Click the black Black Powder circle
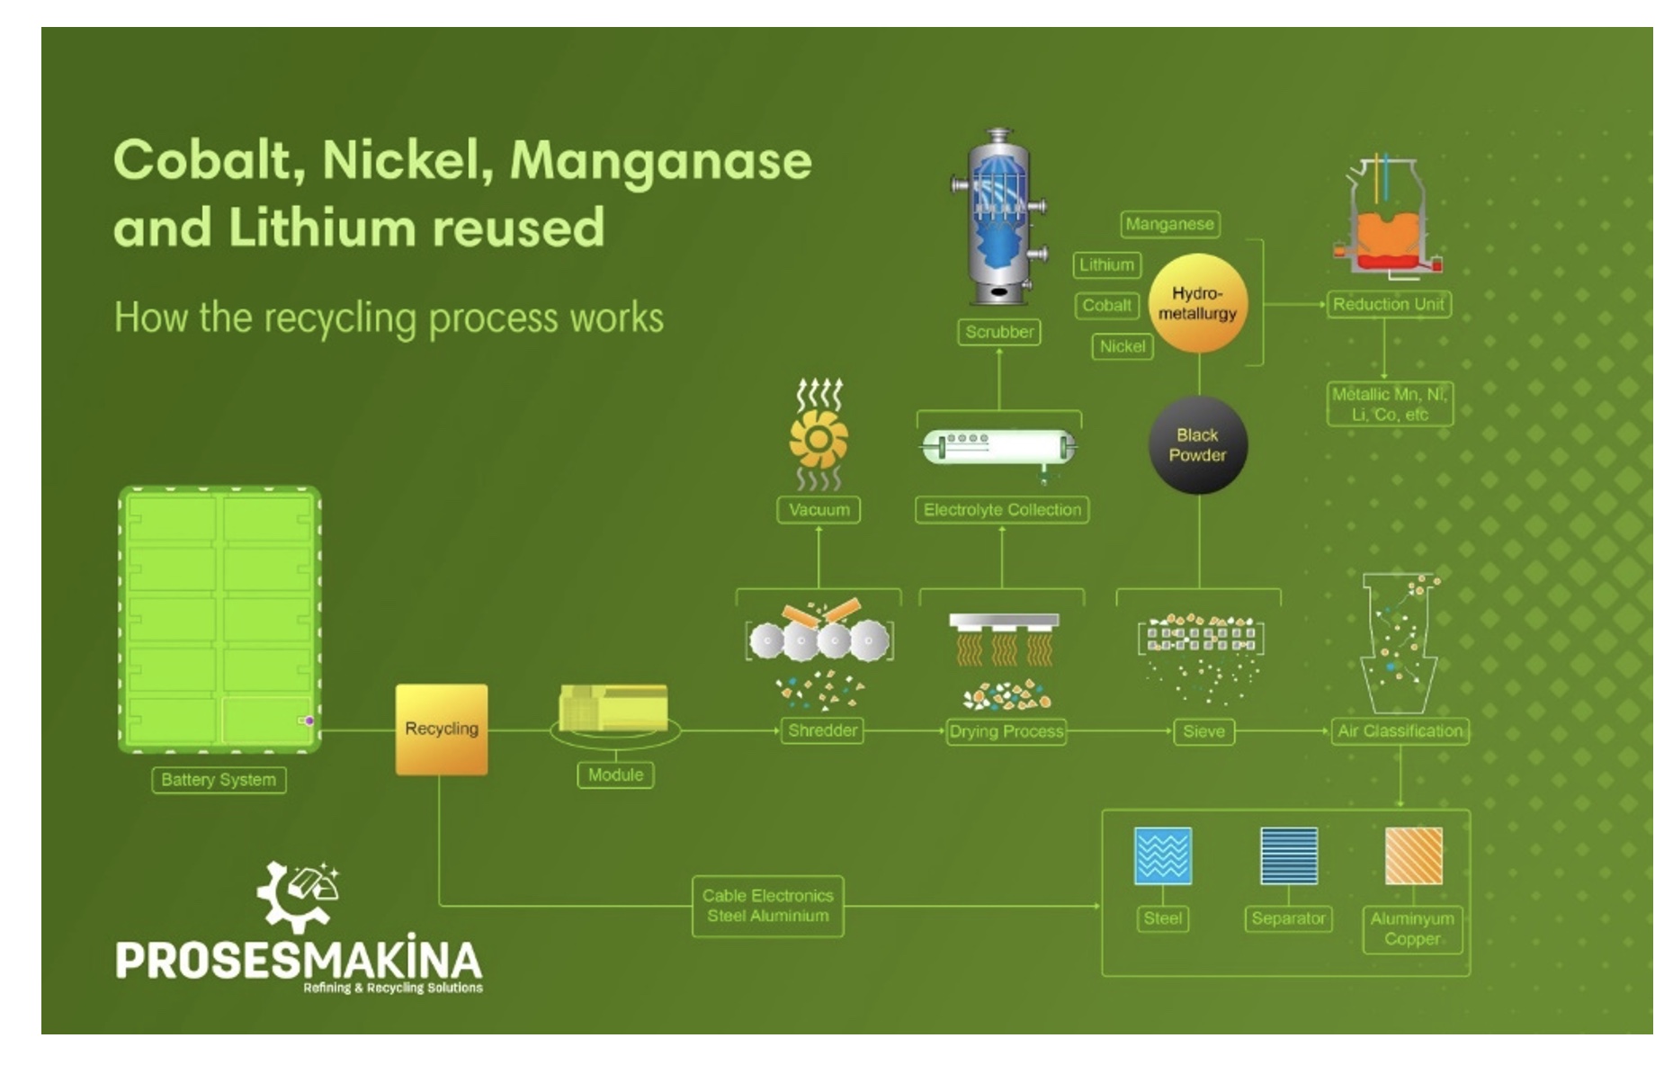(x=1197, y=445)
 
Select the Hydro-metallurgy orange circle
(x=1197, y=303)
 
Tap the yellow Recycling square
(x=442, y=729)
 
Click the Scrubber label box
(x=999, y=332)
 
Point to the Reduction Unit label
(x=1389, y=304)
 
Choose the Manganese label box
(x=1170, y=224)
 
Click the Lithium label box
(x=1106, y=264)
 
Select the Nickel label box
(x=1123, y=346)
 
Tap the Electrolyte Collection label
(x=1002, y=510)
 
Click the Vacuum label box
(x=819, y=510)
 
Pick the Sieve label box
(x=1203, y=731)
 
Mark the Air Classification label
(x=1400, y=730)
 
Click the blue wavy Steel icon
(x=1163, y=855)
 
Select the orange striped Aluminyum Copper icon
(x=1413, y=855)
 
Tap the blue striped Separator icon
(x=1289, y=855)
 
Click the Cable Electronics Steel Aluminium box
(x=768, y=906)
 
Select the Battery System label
(x=219, y=780)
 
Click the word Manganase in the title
(x=661, y=160)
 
